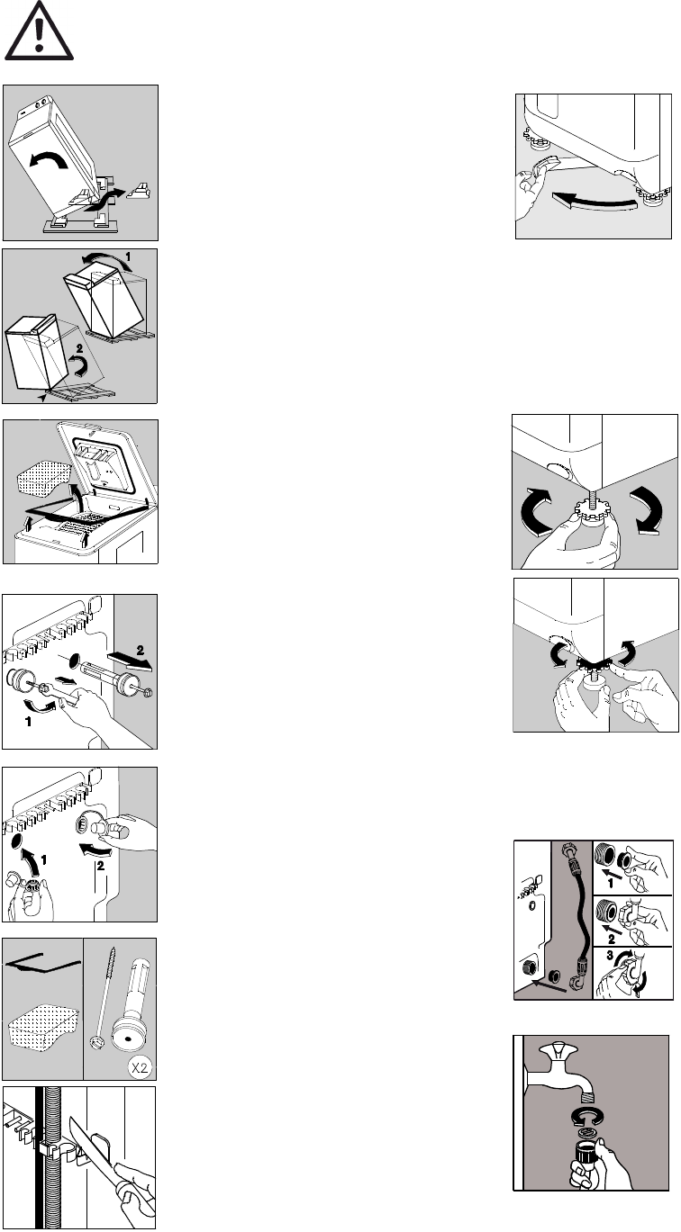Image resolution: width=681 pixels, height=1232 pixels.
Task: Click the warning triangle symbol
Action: [x=39, y=31]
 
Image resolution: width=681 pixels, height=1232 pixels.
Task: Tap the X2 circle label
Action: [x=140, y=1067]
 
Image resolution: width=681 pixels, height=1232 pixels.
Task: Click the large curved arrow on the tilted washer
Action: [x=49, y=159]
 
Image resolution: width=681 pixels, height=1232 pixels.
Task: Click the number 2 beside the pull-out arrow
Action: [x=141, y=651]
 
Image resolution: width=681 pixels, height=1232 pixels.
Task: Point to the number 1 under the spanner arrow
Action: [x=28, y=721]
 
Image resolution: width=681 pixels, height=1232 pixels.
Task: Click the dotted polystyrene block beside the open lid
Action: [x=44, y=476]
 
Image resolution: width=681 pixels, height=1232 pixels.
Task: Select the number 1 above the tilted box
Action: [x=128, y=256]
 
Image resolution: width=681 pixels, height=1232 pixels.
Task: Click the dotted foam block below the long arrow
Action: [x=43, y=1027]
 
